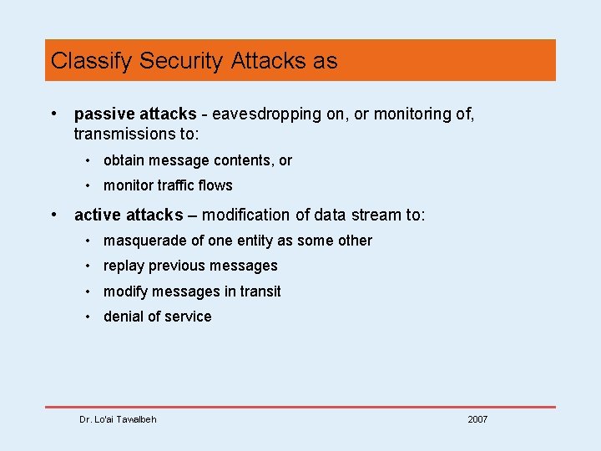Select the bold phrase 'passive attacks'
tap(135, 114)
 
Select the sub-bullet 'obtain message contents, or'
tap(197, 160)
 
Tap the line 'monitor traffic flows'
tap(168, 185)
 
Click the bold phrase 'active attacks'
tap(129, 215)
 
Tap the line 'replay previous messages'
tap(190, 266)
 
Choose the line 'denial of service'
tap(157, 317)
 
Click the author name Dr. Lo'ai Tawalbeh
tap(118, 419)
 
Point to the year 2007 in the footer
tap(477, 419)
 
